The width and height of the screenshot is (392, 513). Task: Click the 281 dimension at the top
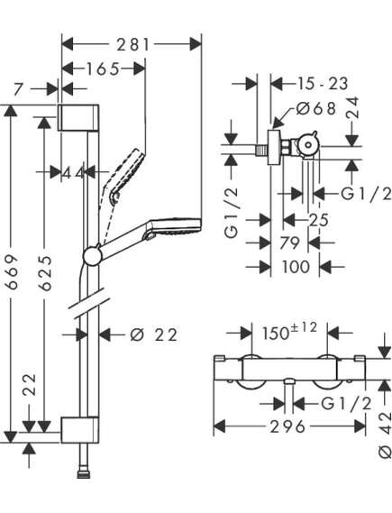(x=133, y=44)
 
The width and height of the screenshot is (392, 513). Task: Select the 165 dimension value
(x=103, y=69)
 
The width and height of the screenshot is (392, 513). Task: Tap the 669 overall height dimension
(x=12, y=272)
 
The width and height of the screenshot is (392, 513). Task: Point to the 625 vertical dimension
(x=45, y=273)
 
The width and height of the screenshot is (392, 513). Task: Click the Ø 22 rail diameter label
(x=154, y=334)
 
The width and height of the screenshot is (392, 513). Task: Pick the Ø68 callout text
(x=316, y=108)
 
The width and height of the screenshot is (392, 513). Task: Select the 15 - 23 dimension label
(x=323, y=84)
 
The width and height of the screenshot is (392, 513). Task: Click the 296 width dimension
(x=287, y=426)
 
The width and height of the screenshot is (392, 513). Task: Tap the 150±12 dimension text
(x=289, y=331)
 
